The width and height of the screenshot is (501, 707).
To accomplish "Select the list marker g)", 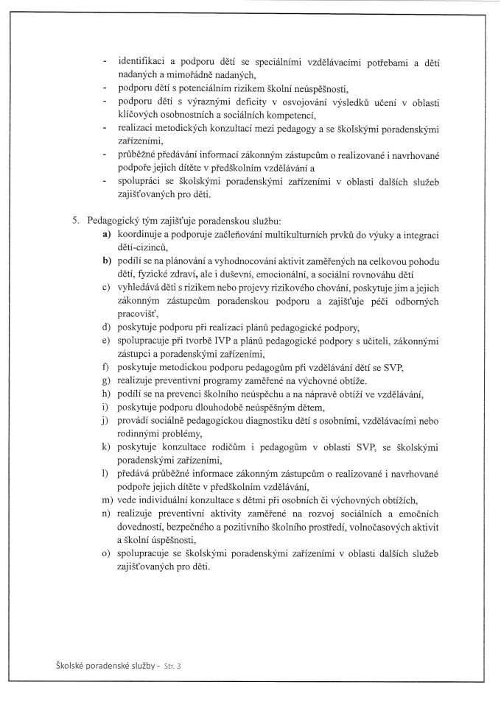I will click(x=106, y=378).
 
